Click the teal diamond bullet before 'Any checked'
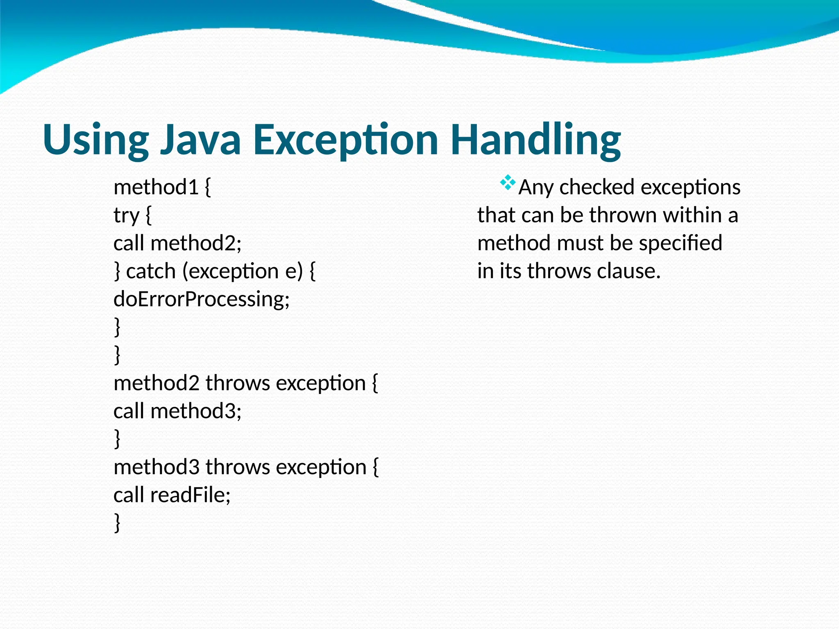[x=508, y=183]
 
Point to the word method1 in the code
[x=156, y=188]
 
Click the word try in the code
[x=127, y=216]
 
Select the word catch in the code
[x=151, y=272]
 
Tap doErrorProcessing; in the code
[x=202, y=299]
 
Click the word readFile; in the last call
[x=190, y=495]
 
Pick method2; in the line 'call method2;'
[x=196, y=243]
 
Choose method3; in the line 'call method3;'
[x=196, y=411]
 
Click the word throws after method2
[x=238, y=383]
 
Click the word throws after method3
[x=238, y=467]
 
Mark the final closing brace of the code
[x=117, y=523]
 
